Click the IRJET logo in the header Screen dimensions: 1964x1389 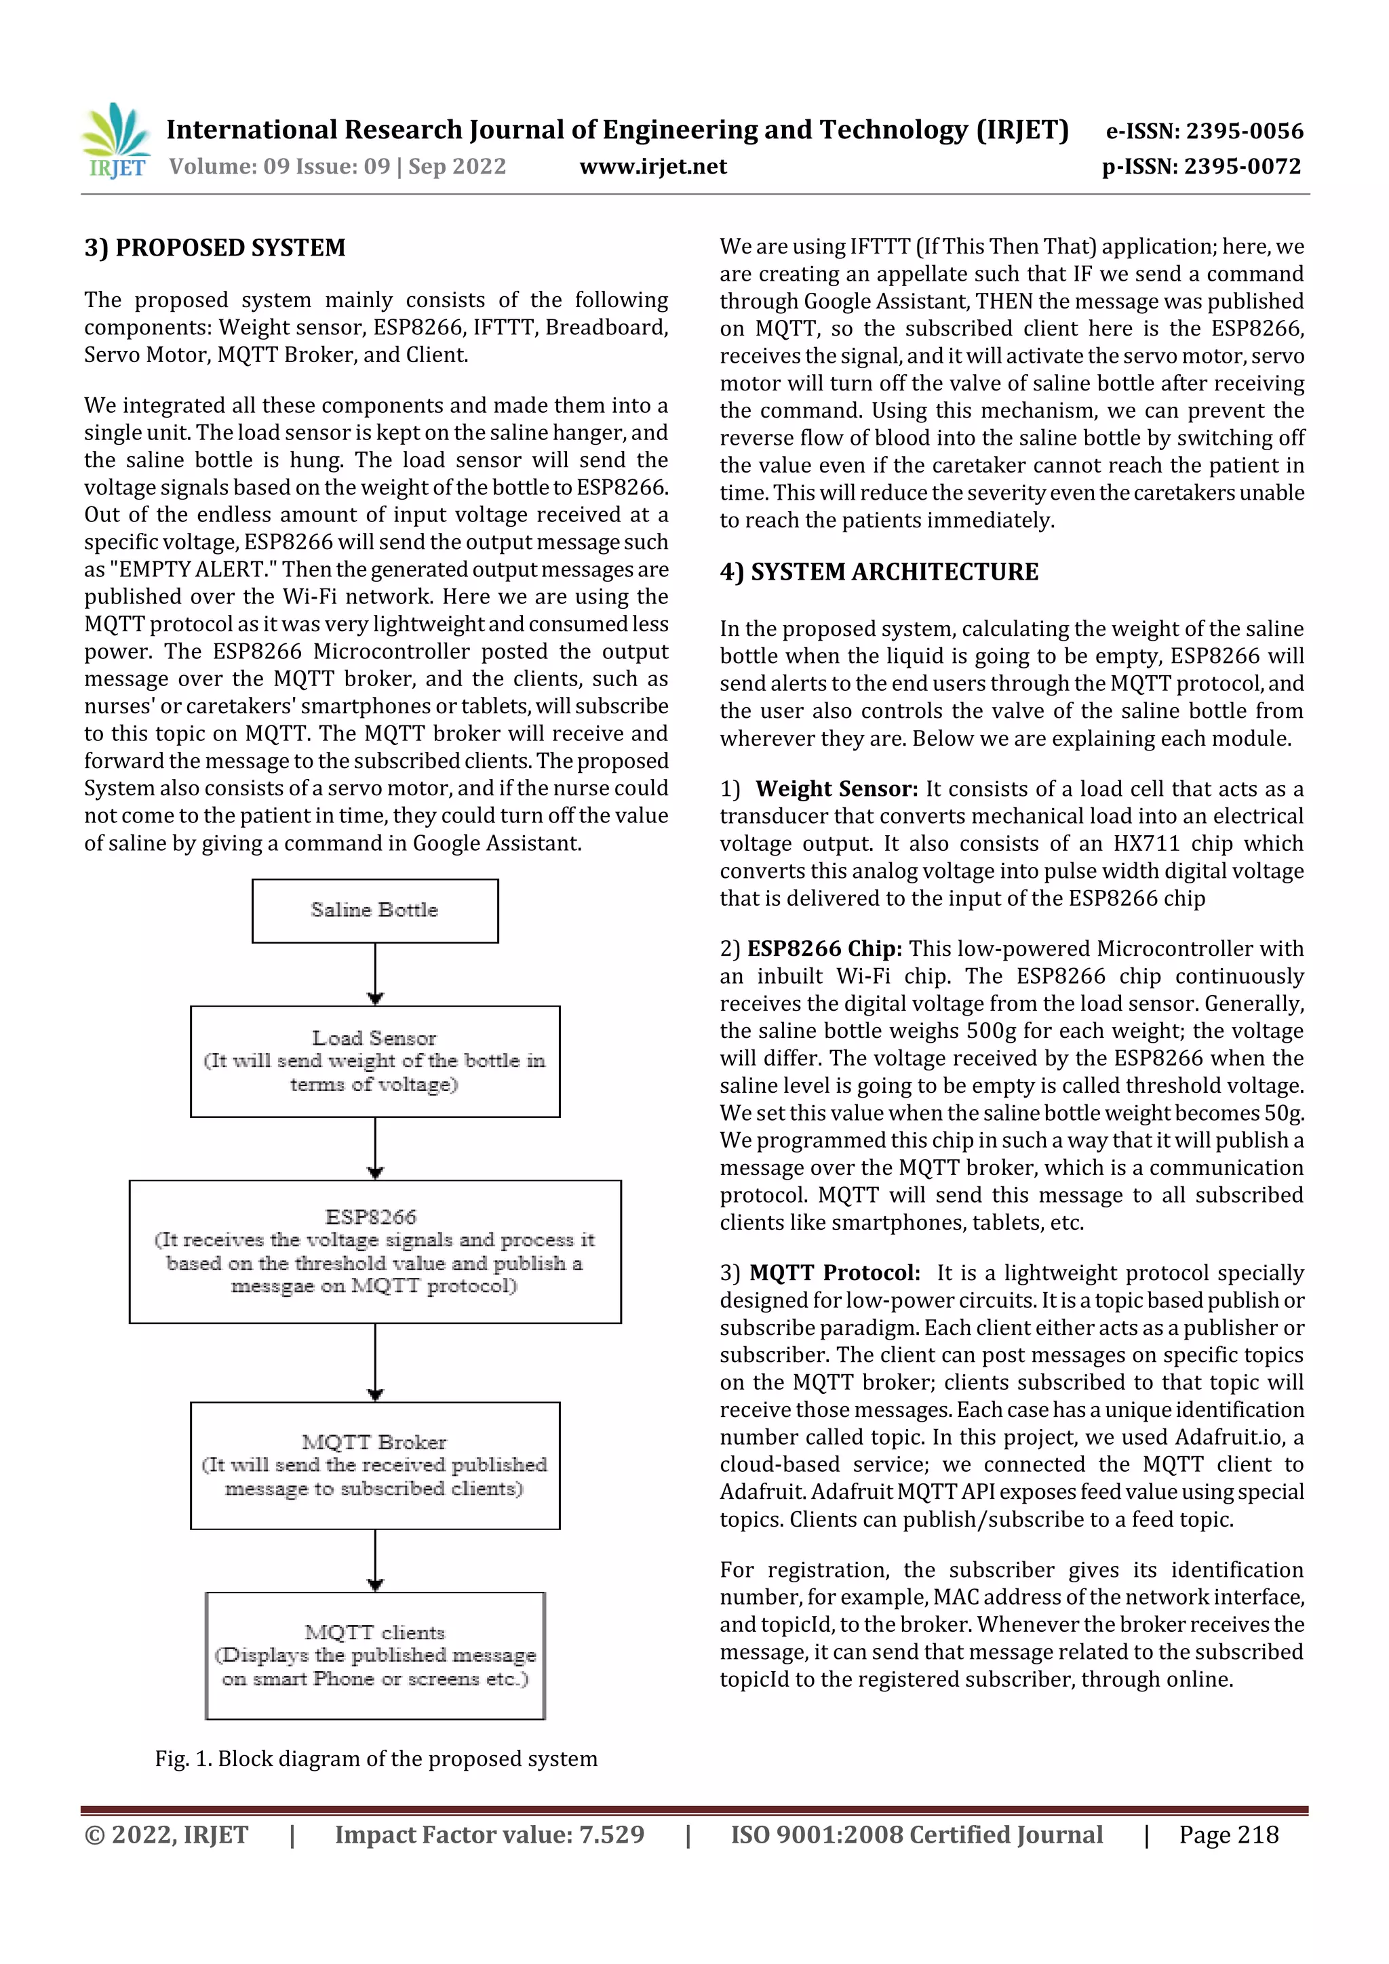pos(115,140)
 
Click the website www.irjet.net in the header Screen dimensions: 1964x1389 pos(653,167)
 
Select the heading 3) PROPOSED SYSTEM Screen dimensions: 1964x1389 pos(215,248)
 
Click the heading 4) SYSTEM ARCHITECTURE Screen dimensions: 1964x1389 pos(879,572)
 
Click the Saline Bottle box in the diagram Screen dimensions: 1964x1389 pos(375,911)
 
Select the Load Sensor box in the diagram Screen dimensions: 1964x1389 pos(375,1061)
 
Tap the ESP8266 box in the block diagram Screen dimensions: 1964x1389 pos(375,1251)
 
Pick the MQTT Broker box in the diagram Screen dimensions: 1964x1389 pos(375,1465)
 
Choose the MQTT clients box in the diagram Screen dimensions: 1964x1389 pos(375,1656)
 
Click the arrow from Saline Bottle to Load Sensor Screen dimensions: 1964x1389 pos(375,974)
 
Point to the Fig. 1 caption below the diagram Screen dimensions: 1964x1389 pos(376,1759)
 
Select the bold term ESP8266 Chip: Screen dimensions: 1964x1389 pos(824,948)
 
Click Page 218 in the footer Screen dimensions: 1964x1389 pos(1228,1835)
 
